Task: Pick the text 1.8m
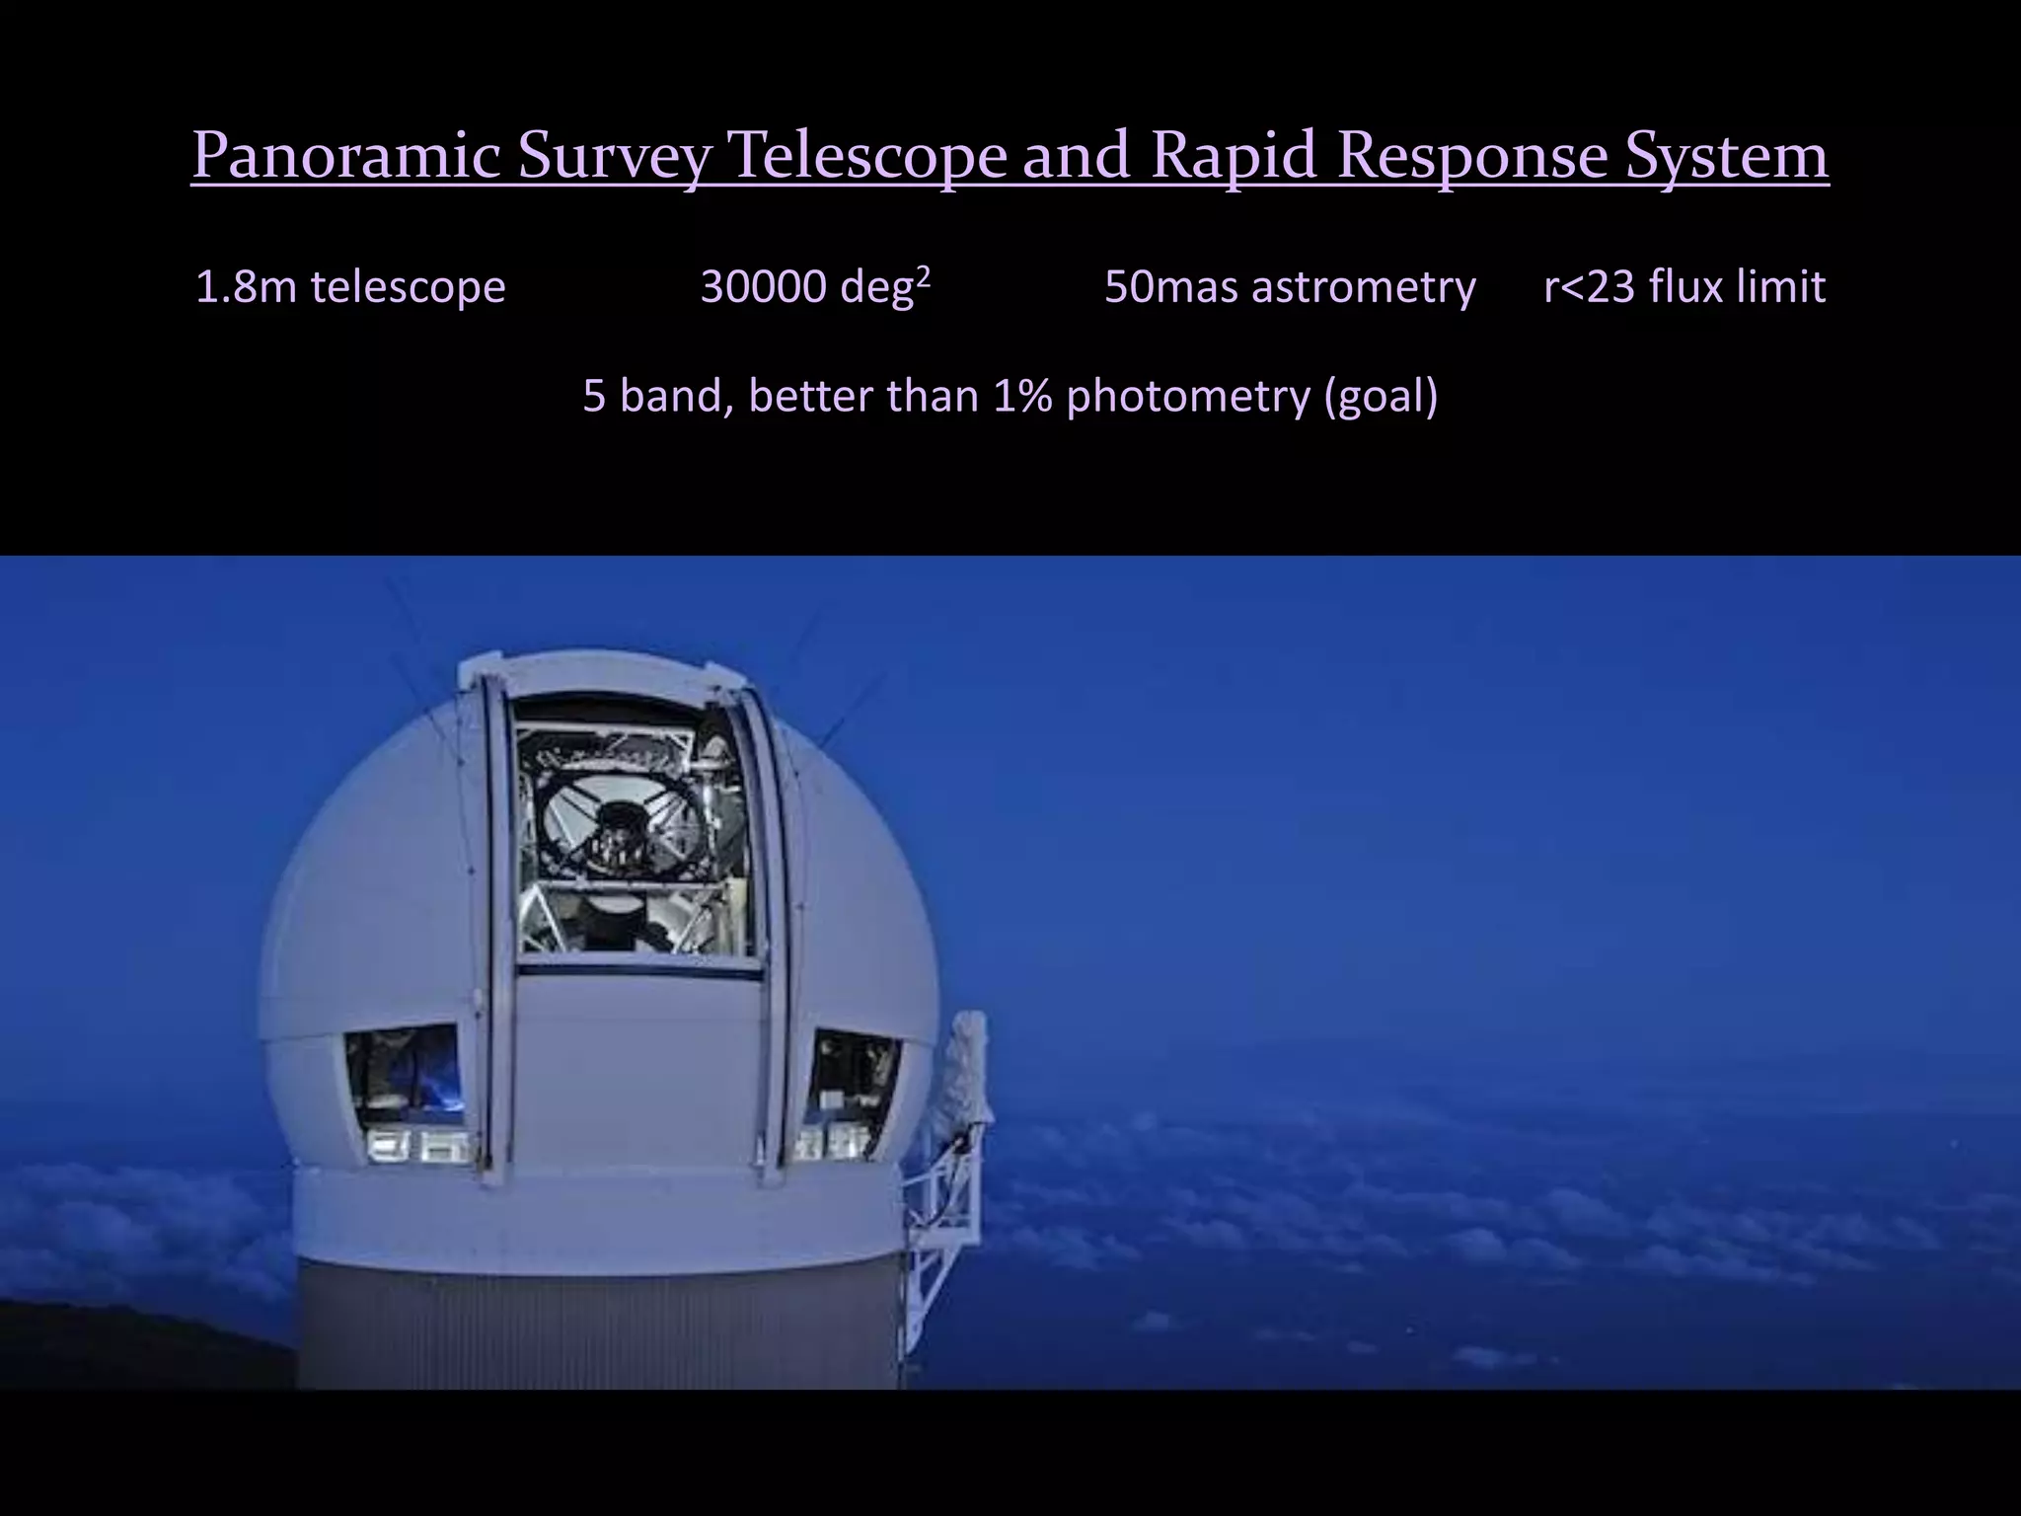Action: (247, 287)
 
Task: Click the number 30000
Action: (763, 287)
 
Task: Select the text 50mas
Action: (1171, 287)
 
